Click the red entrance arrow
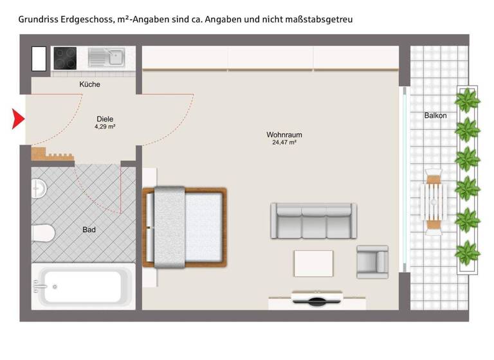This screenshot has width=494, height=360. [x=18, y=119]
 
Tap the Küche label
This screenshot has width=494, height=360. [x=90, y=84]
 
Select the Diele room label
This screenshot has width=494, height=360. [x=105, y=119]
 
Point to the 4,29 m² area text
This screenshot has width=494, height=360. [x=105, y=127]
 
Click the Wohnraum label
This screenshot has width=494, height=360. [x=284, y=135]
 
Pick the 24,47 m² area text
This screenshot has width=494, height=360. [x=284, y=143]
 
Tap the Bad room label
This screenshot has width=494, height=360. [x=89, y=230]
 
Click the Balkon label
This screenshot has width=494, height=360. [x=435, y=116]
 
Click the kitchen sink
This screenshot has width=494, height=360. [x=107, y=57]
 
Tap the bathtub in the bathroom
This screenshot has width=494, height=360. [x=84, y=285]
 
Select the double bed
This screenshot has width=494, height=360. [x=185, y=227]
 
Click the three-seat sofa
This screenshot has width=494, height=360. [x=313, y=220]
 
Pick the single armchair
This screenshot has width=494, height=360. [x=372, y=261]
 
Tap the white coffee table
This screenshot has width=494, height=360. [x=313, y=262]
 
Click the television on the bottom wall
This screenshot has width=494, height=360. [x=318, y=299]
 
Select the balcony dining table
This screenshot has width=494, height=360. [x=434, y=202]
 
